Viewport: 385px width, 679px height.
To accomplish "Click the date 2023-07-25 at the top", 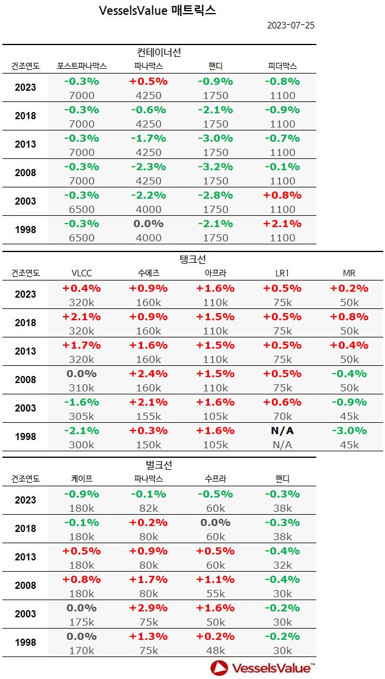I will (291, 25).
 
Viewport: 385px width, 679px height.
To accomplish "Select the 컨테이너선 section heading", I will (158, 52).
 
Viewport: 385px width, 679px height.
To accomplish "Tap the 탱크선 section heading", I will (192, 259).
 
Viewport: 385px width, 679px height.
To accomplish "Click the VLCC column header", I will (81, 273).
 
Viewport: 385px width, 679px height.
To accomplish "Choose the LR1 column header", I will (282, 273).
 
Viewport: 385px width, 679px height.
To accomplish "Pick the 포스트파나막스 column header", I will (82, 66).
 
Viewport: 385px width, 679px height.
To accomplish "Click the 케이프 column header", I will (81, 479).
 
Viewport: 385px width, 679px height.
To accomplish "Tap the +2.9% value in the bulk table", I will (148, 607).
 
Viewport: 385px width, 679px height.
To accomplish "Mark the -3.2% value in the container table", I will (216, 167).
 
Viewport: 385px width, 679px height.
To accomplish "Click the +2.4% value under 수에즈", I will (148, 373).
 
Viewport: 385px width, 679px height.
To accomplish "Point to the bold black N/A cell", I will (282, 431).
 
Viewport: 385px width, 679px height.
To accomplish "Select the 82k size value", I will (148, 508).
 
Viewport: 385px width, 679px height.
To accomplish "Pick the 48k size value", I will (216, 650).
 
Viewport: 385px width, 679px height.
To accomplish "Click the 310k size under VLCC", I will (82, 388).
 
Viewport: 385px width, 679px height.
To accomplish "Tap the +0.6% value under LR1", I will (282, 401).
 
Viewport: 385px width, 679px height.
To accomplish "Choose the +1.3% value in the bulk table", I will (148, 636).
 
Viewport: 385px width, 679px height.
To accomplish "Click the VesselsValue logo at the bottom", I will (262, 668).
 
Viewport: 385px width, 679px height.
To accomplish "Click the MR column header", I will (349, 273).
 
